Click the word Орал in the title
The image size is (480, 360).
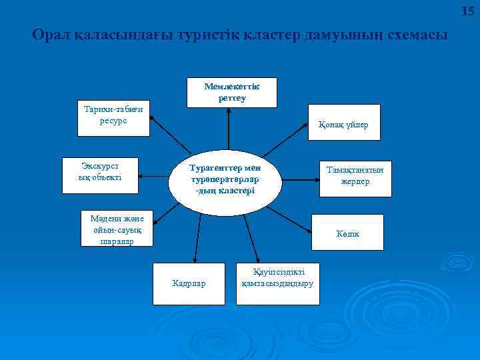tap(49, 35)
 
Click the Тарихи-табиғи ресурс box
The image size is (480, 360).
tap(113, 119)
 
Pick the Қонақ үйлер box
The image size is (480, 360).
tap(343, 123)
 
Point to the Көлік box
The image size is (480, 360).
tap(348, 233)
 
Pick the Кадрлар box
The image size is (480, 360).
tap(189, 284)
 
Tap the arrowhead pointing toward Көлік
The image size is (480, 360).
tap(309, 230)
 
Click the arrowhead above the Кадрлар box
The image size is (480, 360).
tap(195, 260)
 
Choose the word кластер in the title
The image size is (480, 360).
tap(273, 35)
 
